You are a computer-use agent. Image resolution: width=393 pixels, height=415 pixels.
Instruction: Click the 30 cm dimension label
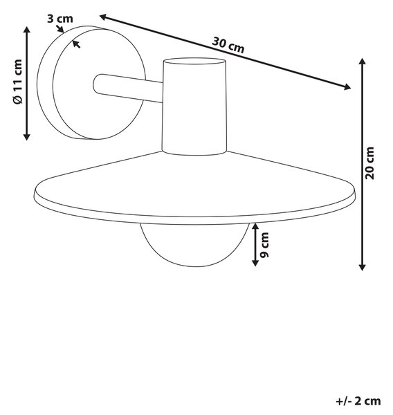pos(228,45)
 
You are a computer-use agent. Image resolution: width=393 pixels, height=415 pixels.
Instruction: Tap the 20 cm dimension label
pos(369,163)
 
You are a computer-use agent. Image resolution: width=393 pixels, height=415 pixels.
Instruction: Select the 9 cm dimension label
pos(264,245)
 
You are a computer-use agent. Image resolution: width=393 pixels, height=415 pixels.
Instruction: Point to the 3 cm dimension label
pos(60,19)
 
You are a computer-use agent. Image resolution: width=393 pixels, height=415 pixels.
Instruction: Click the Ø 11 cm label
pos(18,82)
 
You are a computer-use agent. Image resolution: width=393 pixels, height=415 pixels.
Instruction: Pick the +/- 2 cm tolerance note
pos(358,401)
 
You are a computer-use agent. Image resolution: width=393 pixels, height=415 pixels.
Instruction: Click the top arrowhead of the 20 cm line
pos(362,62)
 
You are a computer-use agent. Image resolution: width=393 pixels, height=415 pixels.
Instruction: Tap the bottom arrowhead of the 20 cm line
pos(362,267)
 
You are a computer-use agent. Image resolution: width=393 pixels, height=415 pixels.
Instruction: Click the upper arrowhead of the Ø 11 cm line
pos(26,29)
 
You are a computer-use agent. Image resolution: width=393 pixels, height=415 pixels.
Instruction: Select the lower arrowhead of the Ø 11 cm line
pos(26,136)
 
